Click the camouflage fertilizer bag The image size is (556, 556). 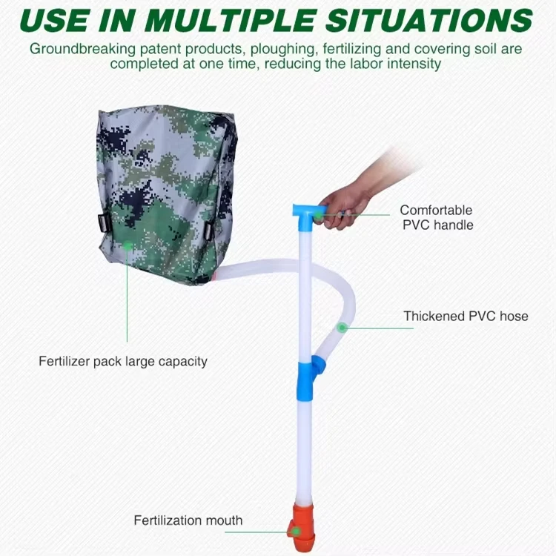pyautogui.click(x=167, y=193)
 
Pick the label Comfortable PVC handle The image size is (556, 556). pyautogui.click(x=436, y=217)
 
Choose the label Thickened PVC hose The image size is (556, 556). pyautogui.click(x=466, y=316)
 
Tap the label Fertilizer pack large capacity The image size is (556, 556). pyautogui.click(x=123, y=362)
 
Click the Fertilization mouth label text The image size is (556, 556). pyautogui.click(x=188, y=520)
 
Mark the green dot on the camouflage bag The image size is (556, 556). pyautogui.click(x=127, y=245)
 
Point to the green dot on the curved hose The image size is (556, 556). pyautogui.click(x=342, y=327)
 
